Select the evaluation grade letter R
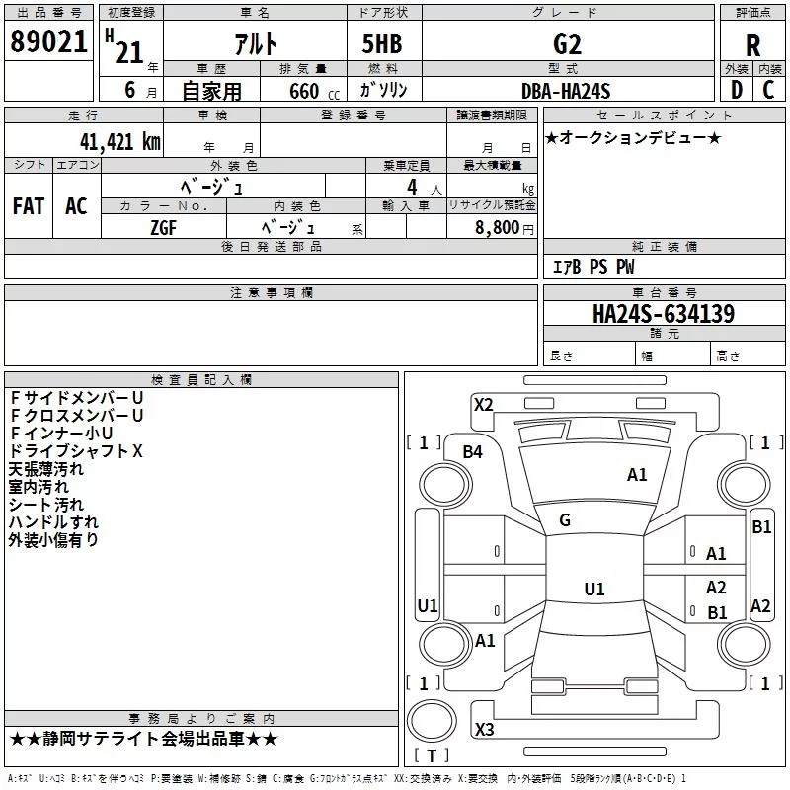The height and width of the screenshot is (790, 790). [x=752, y=44]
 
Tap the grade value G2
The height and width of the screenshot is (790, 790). [x=567, y=43]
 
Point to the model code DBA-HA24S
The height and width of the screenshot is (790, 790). [x=566, y=91]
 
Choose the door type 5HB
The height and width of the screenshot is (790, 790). [x=381, y=43]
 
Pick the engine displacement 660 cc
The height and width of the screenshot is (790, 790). [x=303, y=91]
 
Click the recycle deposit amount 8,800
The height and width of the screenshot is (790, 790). [x=496, y=226]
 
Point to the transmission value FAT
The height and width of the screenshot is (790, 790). [x=29, y=205]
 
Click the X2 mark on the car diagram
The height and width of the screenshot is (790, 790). [x=484, y=404]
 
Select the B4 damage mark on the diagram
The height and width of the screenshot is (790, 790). [x=473, y=452]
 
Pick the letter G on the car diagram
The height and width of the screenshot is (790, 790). [x=565, y=520]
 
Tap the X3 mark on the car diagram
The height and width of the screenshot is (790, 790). [x=484, y=730]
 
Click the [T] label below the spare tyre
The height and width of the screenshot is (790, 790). [x=432, y=756]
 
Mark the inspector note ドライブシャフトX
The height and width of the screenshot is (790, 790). [x=76, y=451]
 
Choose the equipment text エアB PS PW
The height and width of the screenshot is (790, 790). [x=592, y=267]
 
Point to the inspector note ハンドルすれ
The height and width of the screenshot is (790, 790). [x=53, y=522]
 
